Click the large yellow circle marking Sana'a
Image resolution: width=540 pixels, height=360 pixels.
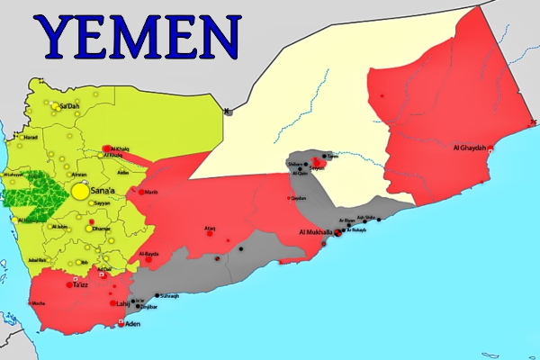point(81,191)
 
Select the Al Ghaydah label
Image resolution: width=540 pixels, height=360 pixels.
point(469,148)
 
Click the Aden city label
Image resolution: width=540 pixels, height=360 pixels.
point(132,323)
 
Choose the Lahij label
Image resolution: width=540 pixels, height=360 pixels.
point(123,303)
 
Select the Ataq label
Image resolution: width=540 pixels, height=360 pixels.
point(210,229)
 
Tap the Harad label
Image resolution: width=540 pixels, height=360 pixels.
point(30,137)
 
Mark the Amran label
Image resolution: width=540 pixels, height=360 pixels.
point(79,175)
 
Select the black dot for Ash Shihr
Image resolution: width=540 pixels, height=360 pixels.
point(379,219)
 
